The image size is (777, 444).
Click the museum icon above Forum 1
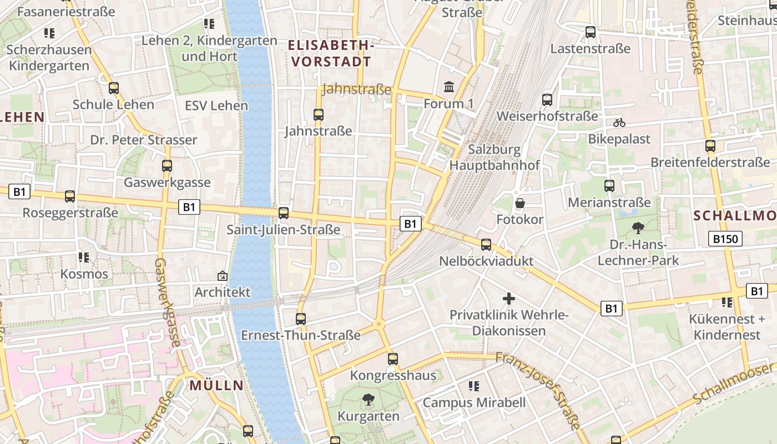(x=448, y=87)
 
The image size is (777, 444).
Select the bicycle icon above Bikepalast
(x=619, y=123)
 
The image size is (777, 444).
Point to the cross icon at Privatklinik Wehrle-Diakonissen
(x=509, y=299)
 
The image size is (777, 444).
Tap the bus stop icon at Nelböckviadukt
(x=486, y=244)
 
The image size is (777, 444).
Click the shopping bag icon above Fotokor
(x=520, y=203)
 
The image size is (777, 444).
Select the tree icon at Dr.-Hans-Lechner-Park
(x=638, y=228)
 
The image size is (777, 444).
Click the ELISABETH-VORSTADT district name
(x=330, y=53)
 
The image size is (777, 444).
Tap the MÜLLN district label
(x=216, y=385)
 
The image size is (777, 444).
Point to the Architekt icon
(x=223, y=275)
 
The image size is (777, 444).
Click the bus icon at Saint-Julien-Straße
(x=284, y=213)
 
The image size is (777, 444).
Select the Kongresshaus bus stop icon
(x=393, y=359)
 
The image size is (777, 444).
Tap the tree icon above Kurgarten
(x=368, y=400)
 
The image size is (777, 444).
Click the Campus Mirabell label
(x=474, y=402)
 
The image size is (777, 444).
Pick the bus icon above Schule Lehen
(x=114, y=88)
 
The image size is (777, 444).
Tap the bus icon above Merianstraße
(x=609, y=186)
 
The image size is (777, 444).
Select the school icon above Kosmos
(x=84, y=258)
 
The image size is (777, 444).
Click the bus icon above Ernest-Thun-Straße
(x=301, y=319)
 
